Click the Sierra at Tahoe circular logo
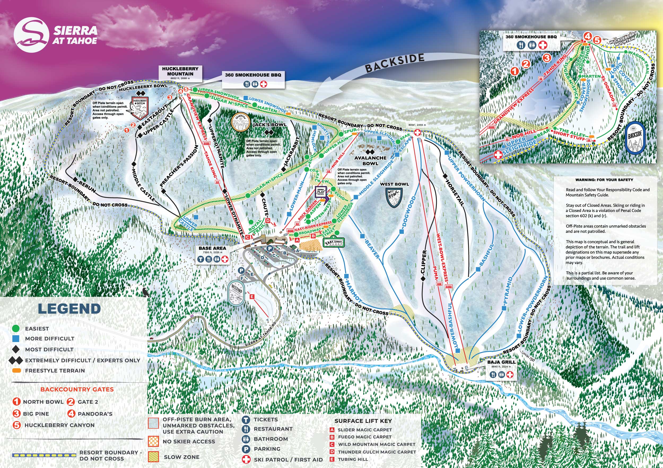[31, 35]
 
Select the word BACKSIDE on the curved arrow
[395, 63]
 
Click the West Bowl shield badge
[394, 198]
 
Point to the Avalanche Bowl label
[370, 161]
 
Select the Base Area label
[212, 248]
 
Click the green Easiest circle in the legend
[16, 328]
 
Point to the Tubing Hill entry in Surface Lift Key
[353, 459]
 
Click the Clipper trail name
[423, 262]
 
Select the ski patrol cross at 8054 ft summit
[417, 133]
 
